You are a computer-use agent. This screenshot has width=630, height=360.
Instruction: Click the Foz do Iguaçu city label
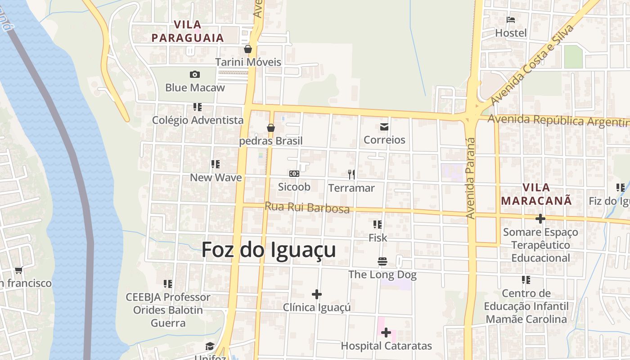pyautogui.click(x=269, y=250)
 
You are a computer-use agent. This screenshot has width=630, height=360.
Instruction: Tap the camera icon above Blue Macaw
pyautogui.click(x=195, y=74)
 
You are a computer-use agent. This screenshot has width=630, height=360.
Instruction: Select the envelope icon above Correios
pyautogui.click(x=384, y=127)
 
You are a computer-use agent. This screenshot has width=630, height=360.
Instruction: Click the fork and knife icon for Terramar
pyautogui.click(x=351, y=174)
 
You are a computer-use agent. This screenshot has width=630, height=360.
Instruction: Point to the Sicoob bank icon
pyautogui.click(x=294, y=174)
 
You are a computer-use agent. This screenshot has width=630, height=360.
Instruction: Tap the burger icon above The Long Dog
pyautogui.click(x=382, y=261)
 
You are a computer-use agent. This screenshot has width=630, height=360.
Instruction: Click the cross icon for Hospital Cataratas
pyautogui.click(x=386, y=333)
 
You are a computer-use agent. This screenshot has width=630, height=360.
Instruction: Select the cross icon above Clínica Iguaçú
pyautogui.click(x=317, y=294)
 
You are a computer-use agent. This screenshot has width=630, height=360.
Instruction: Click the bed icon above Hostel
pyautogui.click(x=511, y=20)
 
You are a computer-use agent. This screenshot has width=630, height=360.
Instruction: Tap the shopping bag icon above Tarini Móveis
pyautogui.click(x=248, y=49)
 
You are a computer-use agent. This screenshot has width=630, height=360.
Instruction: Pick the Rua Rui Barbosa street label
pyautogui.click(x=307, y=207)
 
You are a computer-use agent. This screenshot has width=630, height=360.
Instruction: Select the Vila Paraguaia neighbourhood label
pyautogui.click(x=188, y=31)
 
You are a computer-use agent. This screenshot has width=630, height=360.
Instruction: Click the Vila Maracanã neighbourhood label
pyautogui.click(x=536, y=194)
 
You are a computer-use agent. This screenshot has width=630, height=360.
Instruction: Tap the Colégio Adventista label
pyautogui.click(x=198, y=120)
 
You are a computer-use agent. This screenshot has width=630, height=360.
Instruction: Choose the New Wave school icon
pyautogui.click(x=216, y=164)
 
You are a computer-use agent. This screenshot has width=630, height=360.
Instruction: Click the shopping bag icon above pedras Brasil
pyautogui.click(x=271, y=128)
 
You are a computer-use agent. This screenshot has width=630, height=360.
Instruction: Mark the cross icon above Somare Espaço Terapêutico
pyautogui.click(x=540, y=219)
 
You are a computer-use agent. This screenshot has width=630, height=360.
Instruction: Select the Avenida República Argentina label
pyautogui.click(x=558, y=121)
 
